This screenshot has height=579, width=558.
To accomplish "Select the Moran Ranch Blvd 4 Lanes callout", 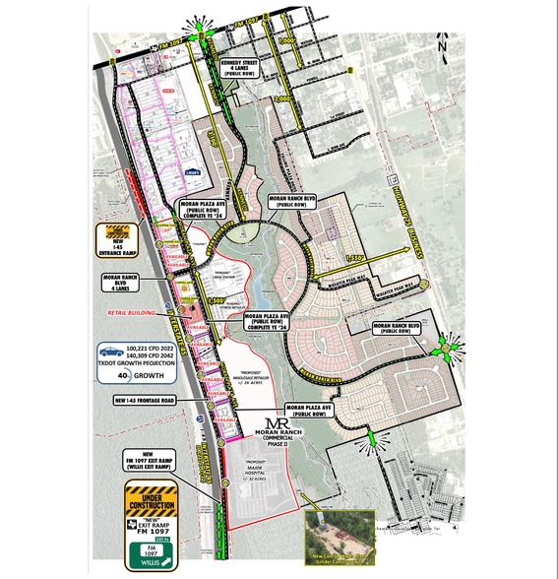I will (119, 283).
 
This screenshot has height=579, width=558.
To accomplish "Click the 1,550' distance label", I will (359, 256).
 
